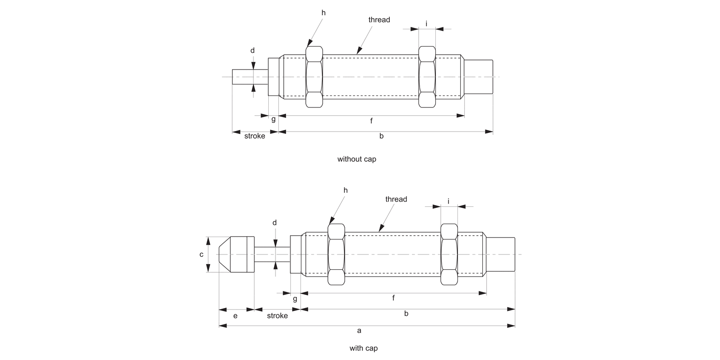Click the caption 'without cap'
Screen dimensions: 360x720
point(357,159)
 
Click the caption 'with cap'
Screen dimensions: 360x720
point(363,348)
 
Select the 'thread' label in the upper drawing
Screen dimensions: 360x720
point(379,20)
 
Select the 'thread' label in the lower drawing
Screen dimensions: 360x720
point(396,199)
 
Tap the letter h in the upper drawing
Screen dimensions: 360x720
point(323,12)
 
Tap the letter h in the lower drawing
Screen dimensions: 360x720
point(345,190)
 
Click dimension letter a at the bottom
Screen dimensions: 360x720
point(359,330)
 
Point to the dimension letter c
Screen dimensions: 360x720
point(202,254)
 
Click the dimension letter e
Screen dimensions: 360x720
point(235,315)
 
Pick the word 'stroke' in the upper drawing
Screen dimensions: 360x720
point(254,136)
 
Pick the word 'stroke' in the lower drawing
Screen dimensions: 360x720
point(277,315)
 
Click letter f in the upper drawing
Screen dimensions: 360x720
point(371,121)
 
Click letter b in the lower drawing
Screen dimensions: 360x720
point(406,314)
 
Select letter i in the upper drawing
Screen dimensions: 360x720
point(426,23)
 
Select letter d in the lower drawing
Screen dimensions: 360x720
point(275,223)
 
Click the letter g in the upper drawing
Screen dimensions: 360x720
point(273,119)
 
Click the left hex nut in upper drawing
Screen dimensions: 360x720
point(314,77)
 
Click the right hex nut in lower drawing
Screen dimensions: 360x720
point(449,254)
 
